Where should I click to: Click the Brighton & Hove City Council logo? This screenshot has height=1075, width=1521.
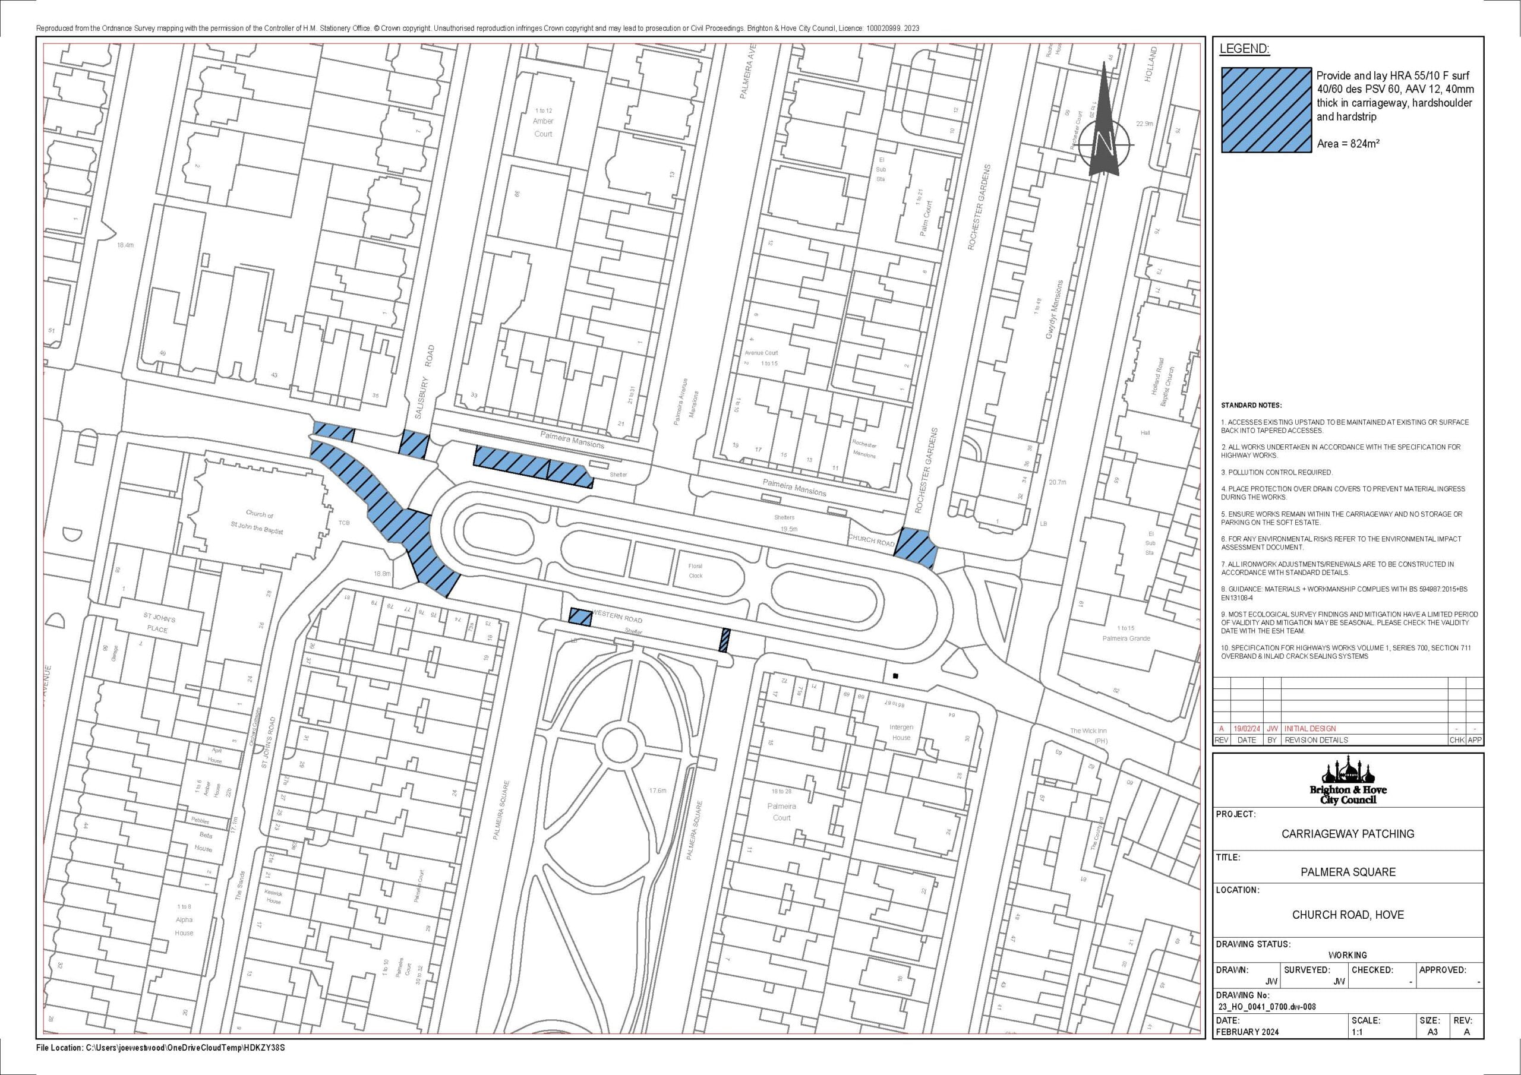coord(1348,783)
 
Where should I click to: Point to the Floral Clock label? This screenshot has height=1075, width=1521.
coord(695,570)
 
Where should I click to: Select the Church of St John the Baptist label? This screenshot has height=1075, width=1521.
coord(259,518)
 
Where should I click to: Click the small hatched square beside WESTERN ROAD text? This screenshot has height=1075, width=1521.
coord(580,616)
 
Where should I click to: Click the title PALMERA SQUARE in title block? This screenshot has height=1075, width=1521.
coord(1348,872)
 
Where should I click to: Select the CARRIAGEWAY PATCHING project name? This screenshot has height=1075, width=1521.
coord(1348,833)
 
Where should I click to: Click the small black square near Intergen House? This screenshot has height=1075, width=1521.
coord(895,676)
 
